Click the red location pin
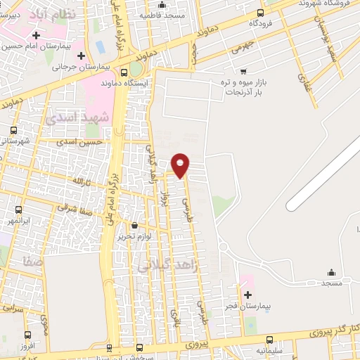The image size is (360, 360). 181,164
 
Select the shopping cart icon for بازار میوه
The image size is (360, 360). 243,72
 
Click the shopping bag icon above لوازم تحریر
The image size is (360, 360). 135,226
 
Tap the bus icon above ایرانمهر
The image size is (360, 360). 18,210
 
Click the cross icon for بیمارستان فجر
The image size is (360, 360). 247,294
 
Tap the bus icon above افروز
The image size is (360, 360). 27,335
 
